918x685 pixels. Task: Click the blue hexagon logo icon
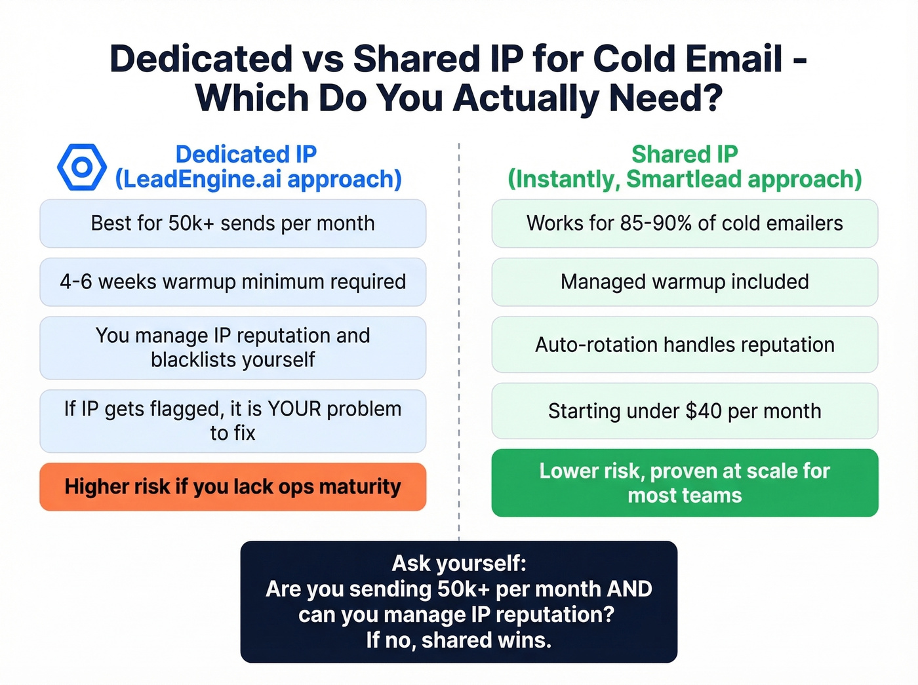(x=82, y=167)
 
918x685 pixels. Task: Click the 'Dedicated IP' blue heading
(x=246, y=154)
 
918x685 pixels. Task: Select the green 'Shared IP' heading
(x=685, y=154)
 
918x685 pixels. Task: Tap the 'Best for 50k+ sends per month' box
(x=233, y=224)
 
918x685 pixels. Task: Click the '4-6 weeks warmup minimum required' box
(x=233, y=282)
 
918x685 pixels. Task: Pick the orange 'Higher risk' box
(x=233, y=487)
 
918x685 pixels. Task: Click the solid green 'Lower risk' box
(x=685, y=483)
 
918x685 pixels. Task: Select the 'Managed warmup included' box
(x=685, y=282)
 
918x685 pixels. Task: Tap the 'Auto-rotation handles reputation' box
(x=685, y=345)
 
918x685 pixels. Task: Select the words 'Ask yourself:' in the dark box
(x=459, y=563)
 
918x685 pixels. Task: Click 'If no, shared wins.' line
(x=459, y=640)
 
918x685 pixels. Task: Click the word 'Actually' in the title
(x=525, y=98)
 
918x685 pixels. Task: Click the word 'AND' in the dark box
(x=629, y=589)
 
